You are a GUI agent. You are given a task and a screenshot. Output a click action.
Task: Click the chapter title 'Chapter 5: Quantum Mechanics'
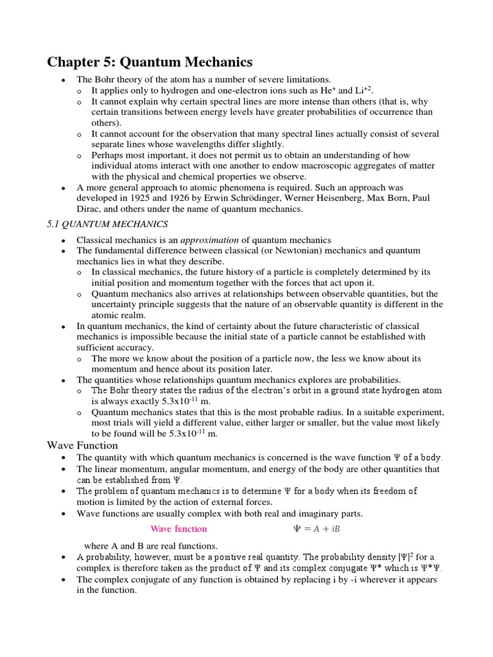(150, 62)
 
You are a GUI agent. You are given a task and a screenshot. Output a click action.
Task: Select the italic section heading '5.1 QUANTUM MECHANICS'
(107, 224)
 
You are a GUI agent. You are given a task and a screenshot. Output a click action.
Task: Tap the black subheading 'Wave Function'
(82, 445)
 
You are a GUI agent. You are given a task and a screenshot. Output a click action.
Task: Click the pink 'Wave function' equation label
(178, 529)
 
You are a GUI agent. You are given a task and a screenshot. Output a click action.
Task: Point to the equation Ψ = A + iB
(316, 529)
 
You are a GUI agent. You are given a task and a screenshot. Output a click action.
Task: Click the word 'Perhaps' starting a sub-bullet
(107, 155)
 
